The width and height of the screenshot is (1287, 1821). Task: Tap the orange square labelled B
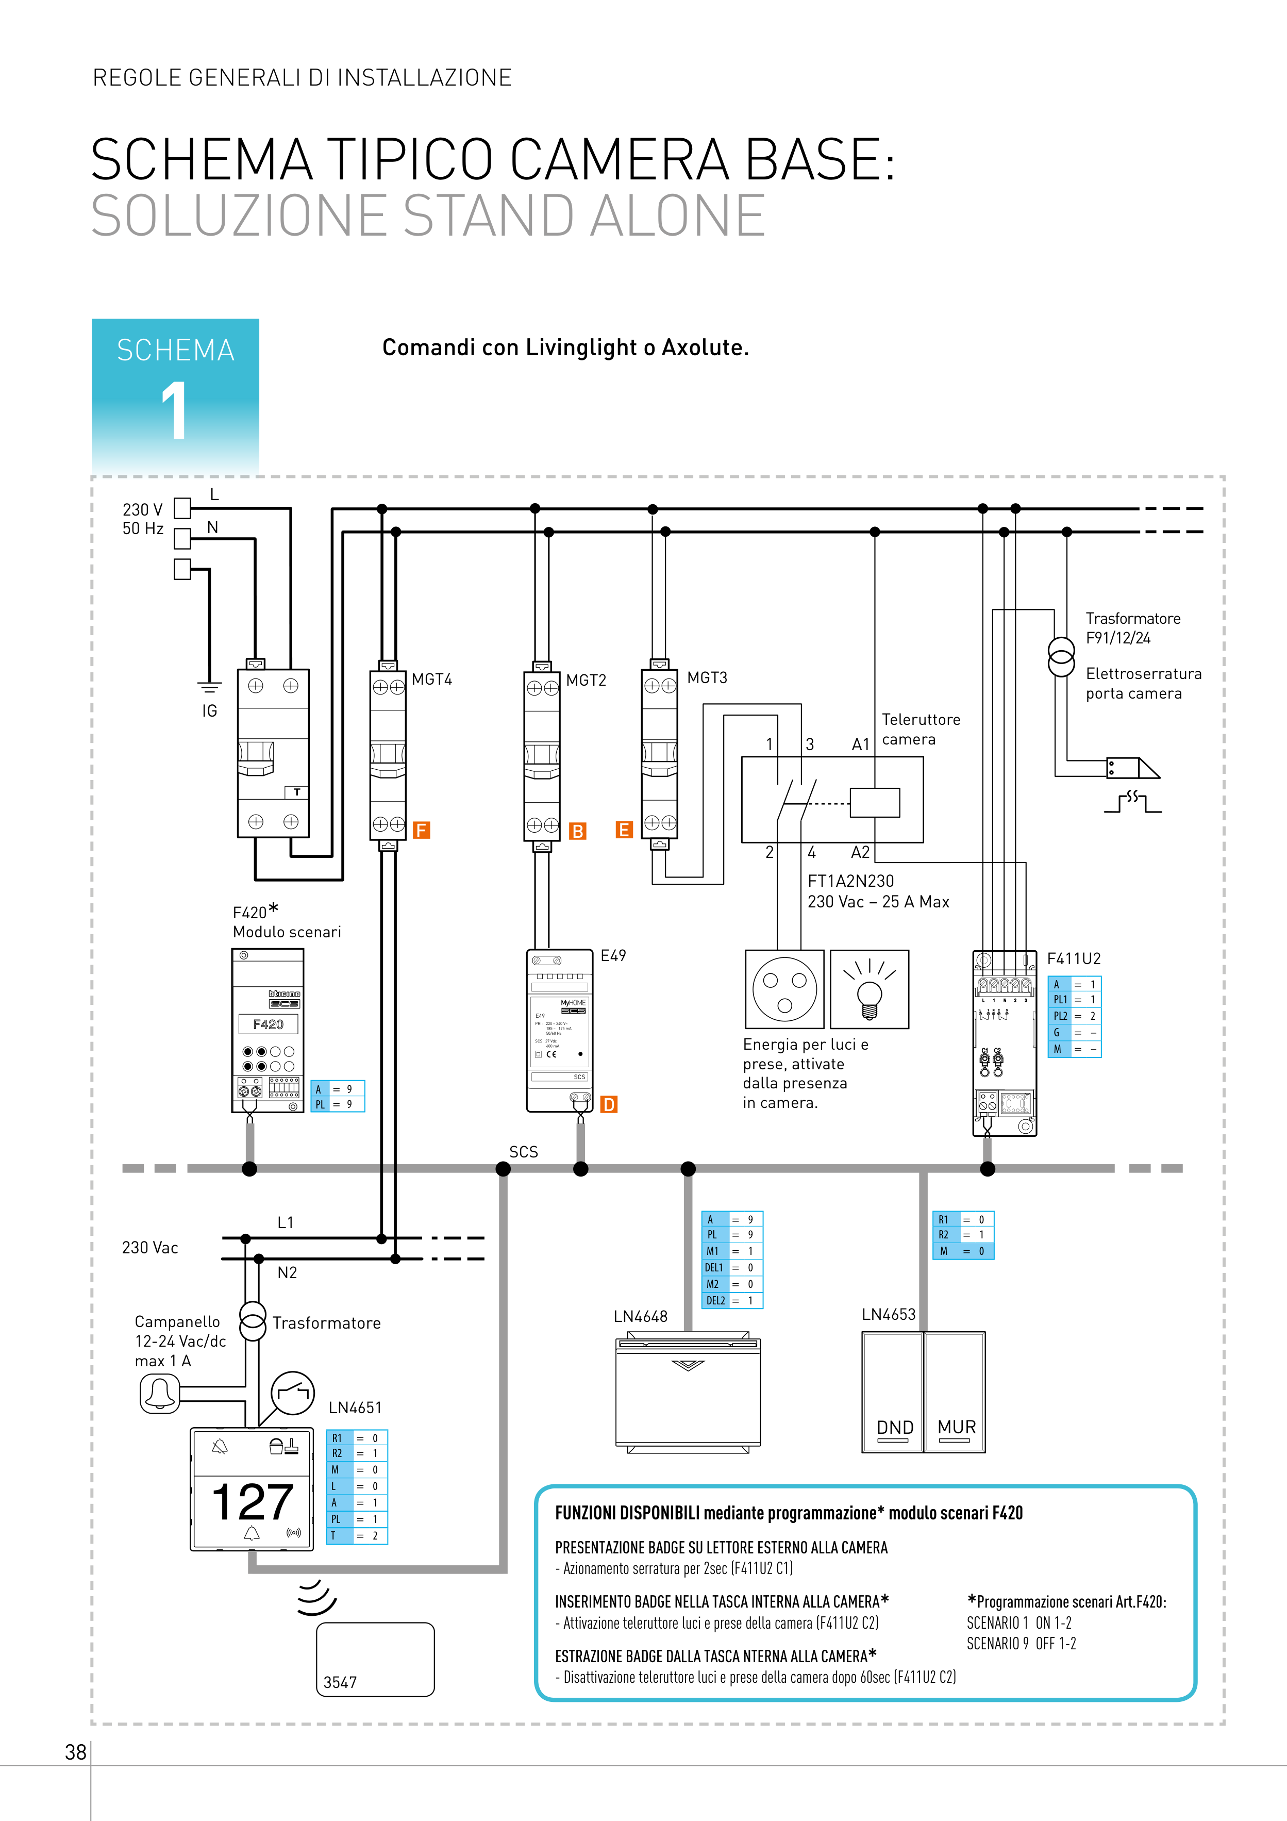click(578, 831)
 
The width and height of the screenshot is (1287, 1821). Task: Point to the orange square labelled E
click(624, 830)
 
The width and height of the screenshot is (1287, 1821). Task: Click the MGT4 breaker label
click(431, 680)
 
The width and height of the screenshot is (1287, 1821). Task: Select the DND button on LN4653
click(894, 1426)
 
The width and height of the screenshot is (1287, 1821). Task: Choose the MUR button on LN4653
click(956, 1426)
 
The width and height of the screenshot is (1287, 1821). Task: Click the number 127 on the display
click(252, 1501)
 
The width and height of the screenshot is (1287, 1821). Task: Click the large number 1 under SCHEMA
click(174, 409)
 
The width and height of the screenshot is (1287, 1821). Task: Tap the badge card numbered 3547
click(375, 1659)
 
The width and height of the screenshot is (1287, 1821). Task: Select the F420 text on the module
click(268, 1024)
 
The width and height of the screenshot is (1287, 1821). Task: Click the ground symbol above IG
click(209, 686)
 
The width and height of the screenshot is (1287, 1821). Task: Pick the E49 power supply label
click(613, 956)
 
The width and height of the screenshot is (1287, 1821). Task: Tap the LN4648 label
click(640, 1317)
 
